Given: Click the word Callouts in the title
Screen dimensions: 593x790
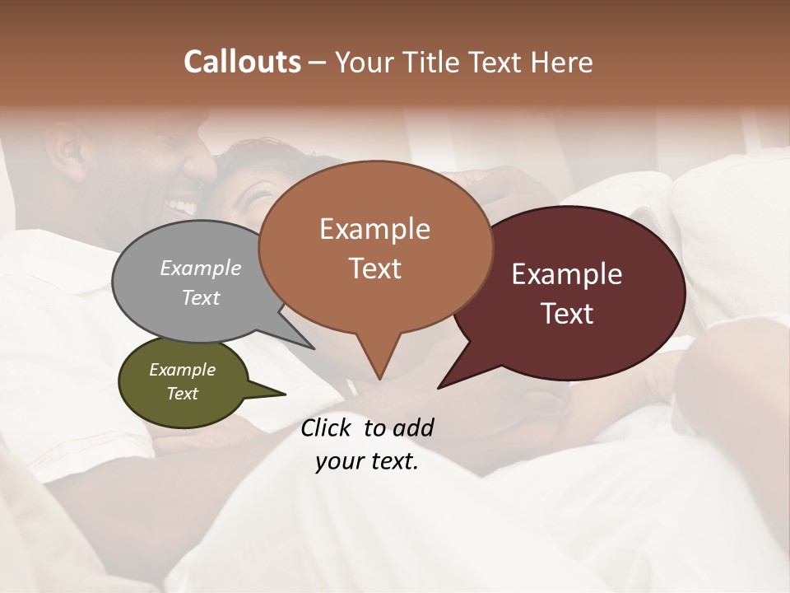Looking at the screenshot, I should click(242, 62).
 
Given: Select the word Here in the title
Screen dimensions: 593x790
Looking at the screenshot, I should click(563, 62).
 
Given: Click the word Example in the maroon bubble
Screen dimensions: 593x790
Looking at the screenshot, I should click(567, 275).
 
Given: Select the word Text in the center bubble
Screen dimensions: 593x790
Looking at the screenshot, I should click(375, 268).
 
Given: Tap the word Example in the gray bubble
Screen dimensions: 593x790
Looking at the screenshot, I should click(201, 268).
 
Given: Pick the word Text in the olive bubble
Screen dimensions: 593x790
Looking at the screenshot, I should click(183, 394).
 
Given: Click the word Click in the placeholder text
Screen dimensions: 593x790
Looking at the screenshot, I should click(327, 427).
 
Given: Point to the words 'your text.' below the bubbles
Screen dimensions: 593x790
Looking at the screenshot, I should click(367, 461).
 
